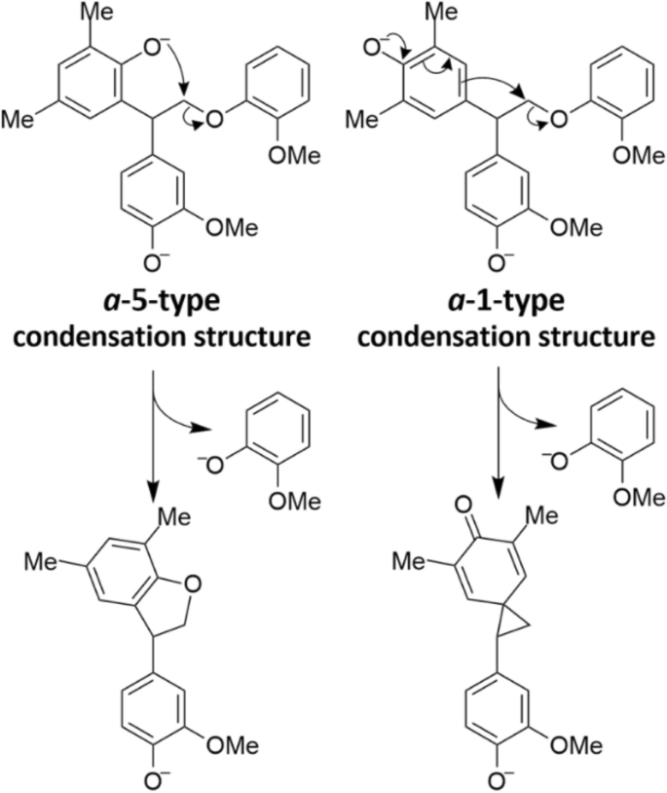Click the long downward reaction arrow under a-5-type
[153, 429]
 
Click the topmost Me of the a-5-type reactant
[100, 14]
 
